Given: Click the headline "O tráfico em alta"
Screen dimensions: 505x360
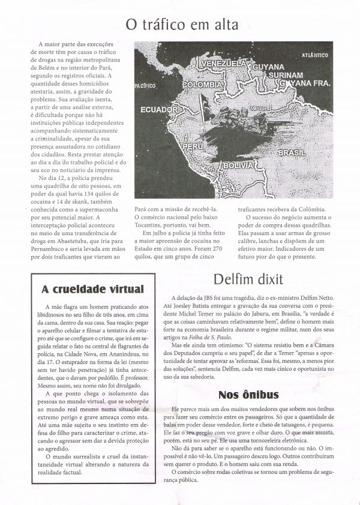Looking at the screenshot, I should click(182, 25).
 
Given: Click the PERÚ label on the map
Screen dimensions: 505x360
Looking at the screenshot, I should click(193, 146).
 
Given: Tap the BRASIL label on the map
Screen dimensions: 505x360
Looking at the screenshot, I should click(292, 153).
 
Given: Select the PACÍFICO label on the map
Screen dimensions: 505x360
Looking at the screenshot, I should click(145, 86).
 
